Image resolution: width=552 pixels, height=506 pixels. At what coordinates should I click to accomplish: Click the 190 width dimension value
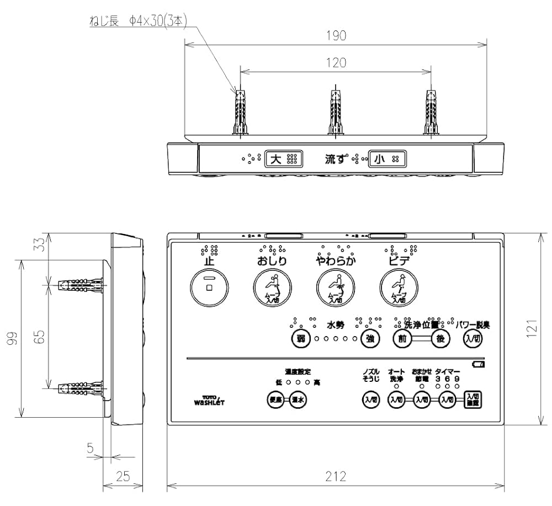coord(336,36)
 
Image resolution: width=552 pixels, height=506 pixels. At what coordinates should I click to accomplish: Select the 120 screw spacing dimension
coord(336,63)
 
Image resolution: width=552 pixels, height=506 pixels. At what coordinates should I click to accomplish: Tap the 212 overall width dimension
coord(336,476)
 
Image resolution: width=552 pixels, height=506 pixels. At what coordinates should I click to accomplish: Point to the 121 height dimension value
coord(532,329)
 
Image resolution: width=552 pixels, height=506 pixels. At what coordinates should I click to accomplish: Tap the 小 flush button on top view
coord(387,159)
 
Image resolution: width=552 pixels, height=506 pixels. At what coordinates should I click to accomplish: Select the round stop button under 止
coord(209,287)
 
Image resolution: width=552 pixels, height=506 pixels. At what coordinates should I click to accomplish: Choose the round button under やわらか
coord(336,287)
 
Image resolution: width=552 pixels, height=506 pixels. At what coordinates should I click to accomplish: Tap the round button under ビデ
coord(399,287)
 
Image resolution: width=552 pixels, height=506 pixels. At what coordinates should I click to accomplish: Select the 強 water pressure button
coord(369,339)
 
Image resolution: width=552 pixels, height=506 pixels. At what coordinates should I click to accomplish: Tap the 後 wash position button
coord(440,339)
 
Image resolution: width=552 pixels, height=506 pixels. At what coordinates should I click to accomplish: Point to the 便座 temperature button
coord(275,400)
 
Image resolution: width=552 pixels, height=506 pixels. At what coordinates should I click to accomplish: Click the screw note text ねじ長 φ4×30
coord(138,21)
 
